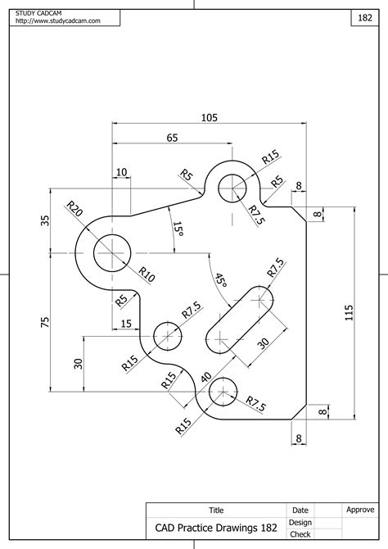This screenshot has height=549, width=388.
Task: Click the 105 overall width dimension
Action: coord(210,117)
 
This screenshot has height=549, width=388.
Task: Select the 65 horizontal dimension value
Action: coord(172,138)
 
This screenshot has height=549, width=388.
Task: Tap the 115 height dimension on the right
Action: coord(349,313)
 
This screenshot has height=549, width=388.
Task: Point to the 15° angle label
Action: coord(178,229)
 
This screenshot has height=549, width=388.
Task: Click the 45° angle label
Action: coord(221,279)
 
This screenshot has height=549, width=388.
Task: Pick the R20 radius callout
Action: coord(74,208)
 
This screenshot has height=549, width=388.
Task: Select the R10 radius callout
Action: coord(147,274)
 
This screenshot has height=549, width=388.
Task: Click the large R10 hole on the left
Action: coord(112,253)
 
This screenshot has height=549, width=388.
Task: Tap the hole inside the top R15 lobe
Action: coord(232,188)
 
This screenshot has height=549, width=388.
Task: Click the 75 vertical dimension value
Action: coord(45,323)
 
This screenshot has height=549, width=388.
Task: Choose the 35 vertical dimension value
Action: coord(45,220)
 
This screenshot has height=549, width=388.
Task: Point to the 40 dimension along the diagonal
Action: coord(206,378)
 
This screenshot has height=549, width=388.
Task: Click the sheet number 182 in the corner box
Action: coord(365,17)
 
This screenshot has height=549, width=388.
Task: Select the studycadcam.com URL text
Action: coord(58,20)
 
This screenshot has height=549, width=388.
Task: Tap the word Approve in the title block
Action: coord(360,510)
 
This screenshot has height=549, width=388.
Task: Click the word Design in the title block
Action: coord(300,523)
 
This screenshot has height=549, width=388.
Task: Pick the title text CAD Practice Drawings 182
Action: coord(216,528)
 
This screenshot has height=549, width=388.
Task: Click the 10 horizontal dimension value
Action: coord(121,172)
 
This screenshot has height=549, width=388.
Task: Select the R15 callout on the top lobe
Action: coord(271,157)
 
